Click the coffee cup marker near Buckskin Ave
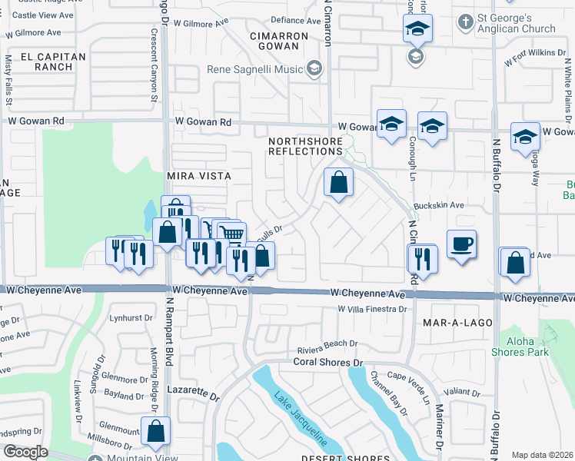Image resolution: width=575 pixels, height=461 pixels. pos(460,244)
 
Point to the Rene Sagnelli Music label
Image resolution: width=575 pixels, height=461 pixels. pos(256,70)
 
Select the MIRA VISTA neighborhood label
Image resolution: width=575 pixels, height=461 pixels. pos(199,176)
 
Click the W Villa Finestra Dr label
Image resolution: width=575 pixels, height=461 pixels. pos(371,309)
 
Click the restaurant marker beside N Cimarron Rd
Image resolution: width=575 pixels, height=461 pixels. pos(423,258)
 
